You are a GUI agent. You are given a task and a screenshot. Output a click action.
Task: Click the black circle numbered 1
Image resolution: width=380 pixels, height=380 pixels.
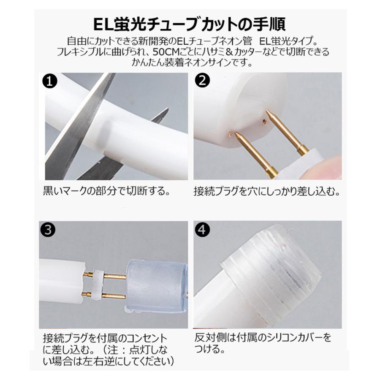[50, 81]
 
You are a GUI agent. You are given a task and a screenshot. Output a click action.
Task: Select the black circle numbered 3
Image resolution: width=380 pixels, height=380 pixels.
[50, 230]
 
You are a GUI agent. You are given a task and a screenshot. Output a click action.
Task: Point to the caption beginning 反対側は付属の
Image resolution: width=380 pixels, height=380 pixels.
[263, 339]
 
